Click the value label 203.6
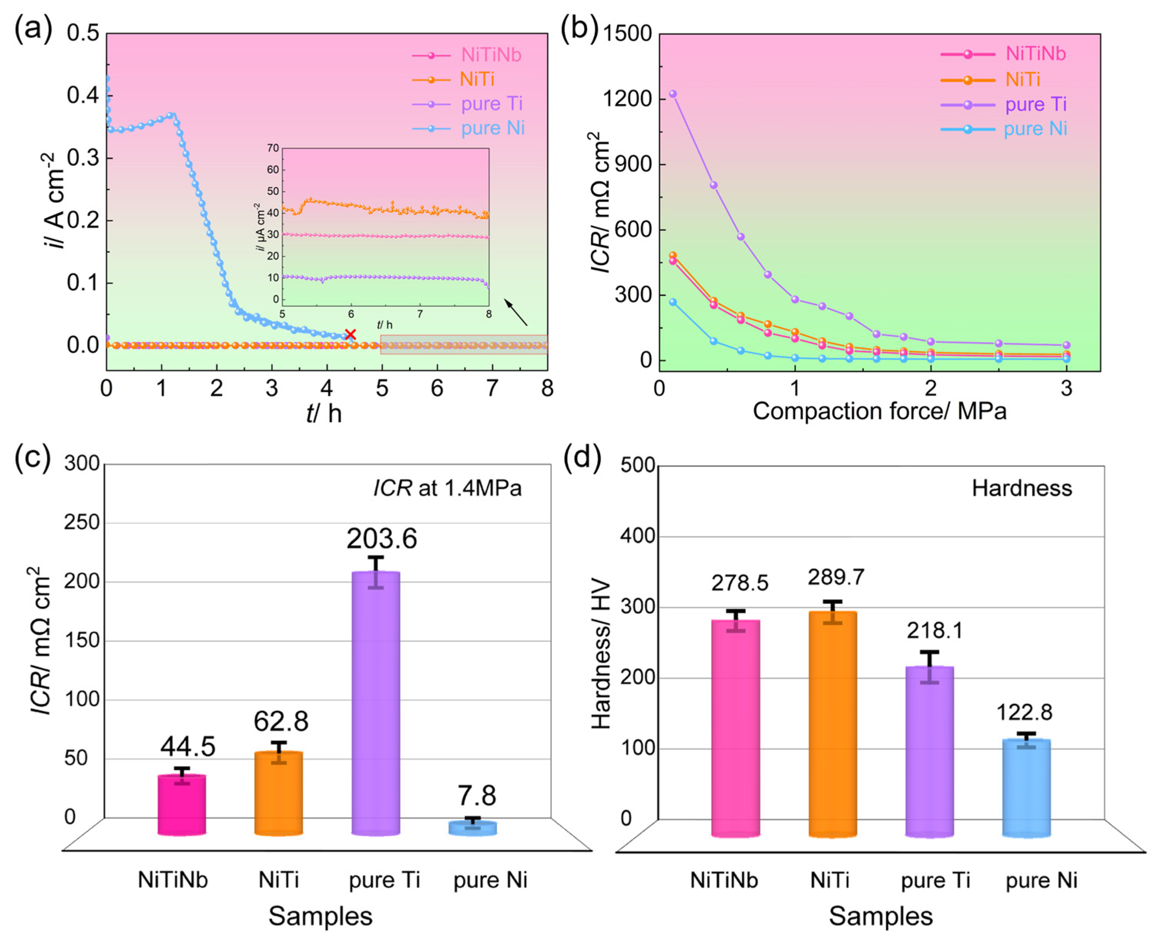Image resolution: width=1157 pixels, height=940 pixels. (x=382, y=539)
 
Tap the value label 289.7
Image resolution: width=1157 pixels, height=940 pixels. (x=836, y=577)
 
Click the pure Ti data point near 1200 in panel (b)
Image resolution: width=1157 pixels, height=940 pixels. (x=673, y=94)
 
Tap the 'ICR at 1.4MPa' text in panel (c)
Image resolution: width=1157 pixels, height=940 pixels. (x=447, y=488)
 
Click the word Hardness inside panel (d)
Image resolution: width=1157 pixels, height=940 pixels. (x=1021, y=488)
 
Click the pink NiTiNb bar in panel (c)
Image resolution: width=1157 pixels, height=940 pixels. (x=182, y=805)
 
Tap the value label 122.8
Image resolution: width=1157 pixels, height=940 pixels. (x=1024, y=712)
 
